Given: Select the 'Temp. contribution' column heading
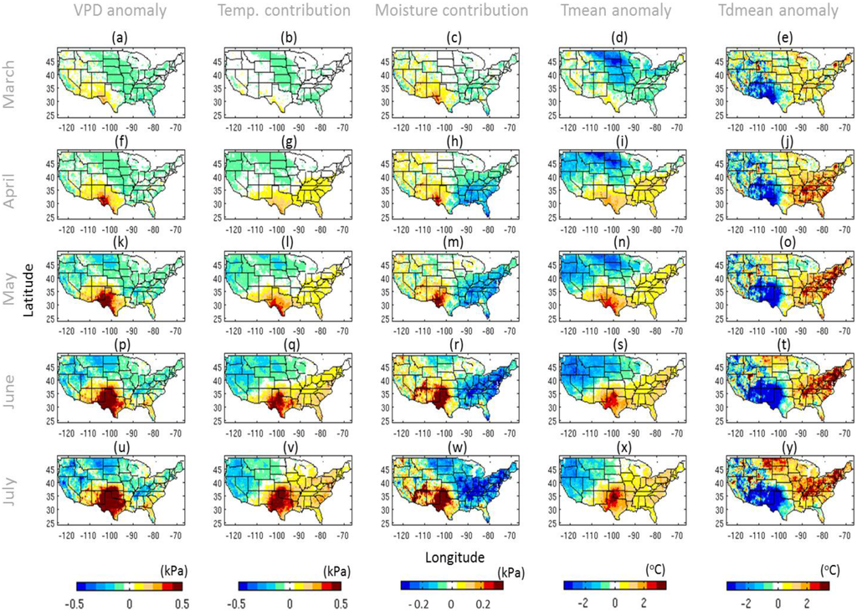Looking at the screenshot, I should click(x=283, y=11).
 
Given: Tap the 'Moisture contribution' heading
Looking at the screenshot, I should click(x=451, y=11).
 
